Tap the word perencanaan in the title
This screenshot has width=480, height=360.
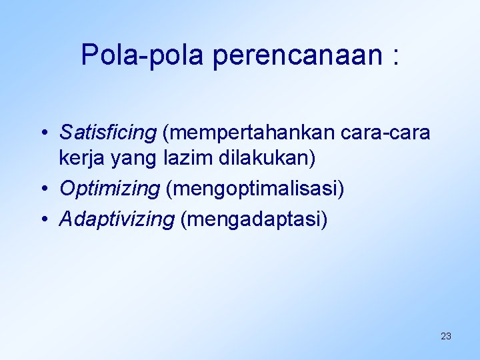click(297, 57)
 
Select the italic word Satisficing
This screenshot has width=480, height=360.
click(107, 133)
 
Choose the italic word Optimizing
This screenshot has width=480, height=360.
click(109, 189)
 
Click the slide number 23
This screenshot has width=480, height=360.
click(446, 336)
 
